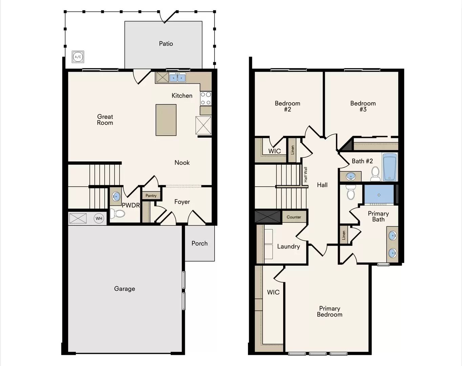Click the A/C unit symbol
point(78,57)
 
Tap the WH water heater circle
point(99,219)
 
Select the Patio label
point(166,44)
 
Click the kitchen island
point(166,120)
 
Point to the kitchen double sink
point(177,78)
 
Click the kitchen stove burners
point(206,98)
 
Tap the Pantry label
point(151,196)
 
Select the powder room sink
point(116,196)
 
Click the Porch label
point(199,243)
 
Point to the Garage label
point(125,289)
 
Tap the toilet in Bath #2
point(375,174)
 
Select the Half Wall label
point(306,175)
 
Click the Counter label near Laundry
point(294,217)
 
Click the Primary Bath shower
point(379,195)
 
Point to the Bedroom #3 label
point(363,106)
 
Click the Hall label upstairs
point(322,185)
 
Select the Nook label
point(182,163)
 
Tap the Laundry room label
point(288,247)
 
